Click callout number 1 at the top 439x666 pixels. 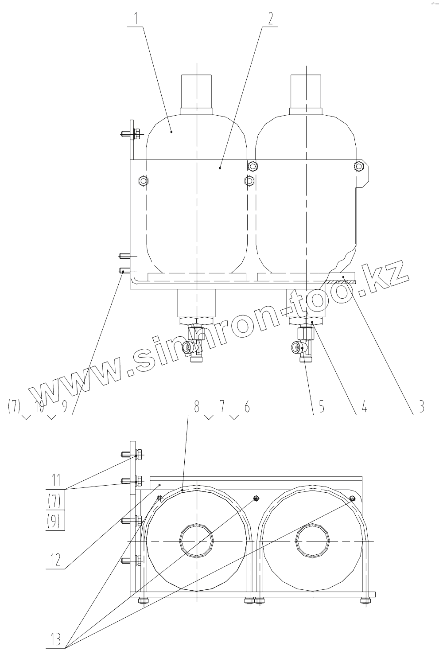[136, 19]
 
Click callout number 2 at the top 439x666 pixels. [270, 19]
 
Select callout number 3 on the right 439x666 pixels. [421, 406]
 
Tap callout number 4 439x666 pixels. [364, 406]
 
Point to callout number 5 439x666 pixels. [321, 406]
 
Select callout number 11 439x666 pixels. [55, 480]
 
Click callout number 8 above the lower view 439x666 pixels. [197, 406]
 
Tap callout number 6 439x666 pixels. [247, 406]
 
